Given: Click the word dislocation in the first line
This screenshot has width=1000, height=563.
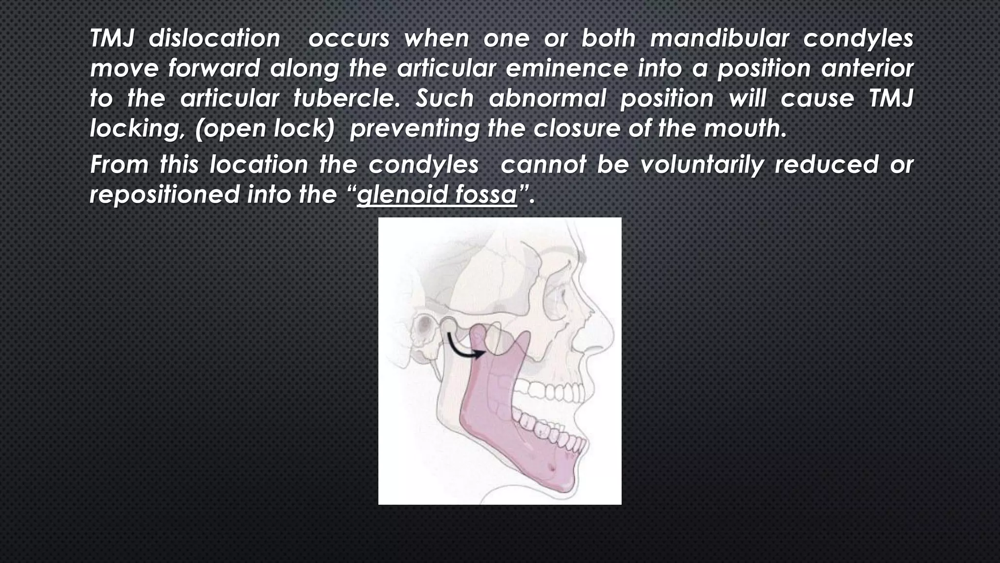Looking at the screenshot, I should click(214, 39).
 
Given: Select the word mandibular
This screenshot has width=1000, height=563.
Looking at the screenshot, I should click(719, 39).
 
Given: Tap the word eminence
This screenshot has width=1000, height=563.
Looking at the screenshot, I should click(566, 68).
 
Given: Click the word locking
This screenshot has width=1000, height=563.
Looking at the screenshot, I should click(138, 129).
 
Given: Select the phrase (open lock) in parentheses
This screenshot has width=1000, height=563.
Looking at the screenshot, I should click(265, 129).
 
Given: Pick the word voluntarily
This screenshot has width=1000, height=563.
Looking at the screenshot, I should click(702, 165).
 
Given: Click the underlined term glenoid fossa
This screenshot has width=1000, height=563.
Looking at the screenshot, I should click(437, 195).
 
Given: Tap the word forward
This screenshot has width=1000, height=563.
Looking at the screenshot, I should click(214, 68).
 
